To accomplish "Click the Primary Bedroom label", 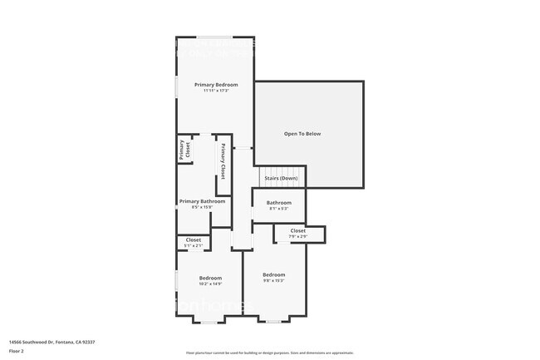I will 216,85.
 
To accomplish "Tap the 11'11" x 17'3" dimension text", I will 216,91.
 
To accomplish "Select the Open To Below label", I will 302,134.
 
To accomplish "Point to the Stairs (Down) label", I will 281,178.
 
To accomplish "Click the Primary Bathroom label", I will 203,201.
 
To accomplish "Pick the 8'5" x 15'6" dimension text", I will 203,207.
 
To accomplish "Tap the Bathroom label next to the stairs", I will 279,203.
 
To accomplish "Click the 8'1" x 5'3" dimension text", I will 279,209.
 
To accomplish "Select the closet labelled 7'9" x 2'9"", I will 297,233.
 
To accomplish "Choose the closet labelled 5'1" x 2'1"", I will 193,242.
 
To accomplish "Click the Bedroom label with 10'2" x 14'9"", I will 210,278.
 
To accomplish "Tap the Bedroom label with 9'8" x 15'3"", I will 274,274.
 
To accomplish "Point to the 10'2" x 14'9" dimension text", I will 210,284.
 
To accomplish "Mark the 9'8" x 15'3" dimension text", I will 274,280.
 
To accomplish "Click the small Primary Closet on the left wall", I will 184,150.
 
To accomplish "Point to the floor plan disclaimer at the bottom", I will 269,353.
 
